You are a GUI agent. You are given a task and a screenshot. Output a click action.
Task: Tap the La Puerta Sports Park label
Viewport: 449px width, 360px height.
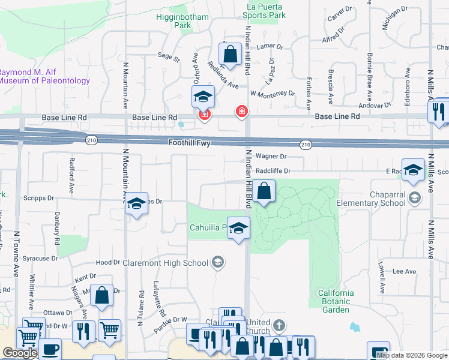(x=265, y=11)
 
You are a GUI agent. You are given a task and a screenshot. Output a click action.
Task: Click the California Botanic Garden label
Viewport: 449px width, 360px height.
(x=335, y=301)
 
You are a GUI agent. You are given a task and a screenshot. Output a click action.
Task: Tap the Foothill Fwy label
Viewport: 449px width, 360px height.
(x=190, y=142)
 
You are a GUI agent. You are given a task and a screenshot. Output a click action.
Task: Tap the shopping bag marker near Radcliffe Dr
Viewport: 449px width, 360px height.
(x=264, y=193)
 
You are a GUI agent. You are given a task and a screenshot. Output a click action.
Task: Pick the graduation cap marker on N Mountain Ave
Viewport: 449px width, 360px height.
(x=137, y=204)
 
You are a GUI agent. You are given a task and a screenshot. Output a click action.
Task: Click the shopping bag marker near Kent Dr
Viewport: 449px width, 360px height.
(x=101, y=296)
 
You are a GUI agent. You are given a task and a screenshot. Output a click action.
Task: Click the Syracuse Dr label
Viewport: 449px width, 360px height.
(x=37, y=258)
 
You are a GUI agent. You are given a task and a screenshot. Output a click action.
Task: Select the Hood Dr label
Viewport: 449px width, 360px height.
(x=107, y=263)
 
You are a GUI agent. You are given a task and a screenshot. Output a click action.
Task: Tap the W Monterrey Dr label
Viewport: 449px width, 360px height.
(x=273, y=94)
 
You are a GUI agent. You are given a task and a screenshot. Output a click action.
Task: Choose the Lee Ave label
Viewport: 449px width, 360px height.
(x=404, y=271)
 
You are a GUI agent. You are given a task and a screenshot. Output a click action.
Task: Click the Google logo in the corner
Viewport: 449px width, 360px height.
(x=19, y=353)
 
